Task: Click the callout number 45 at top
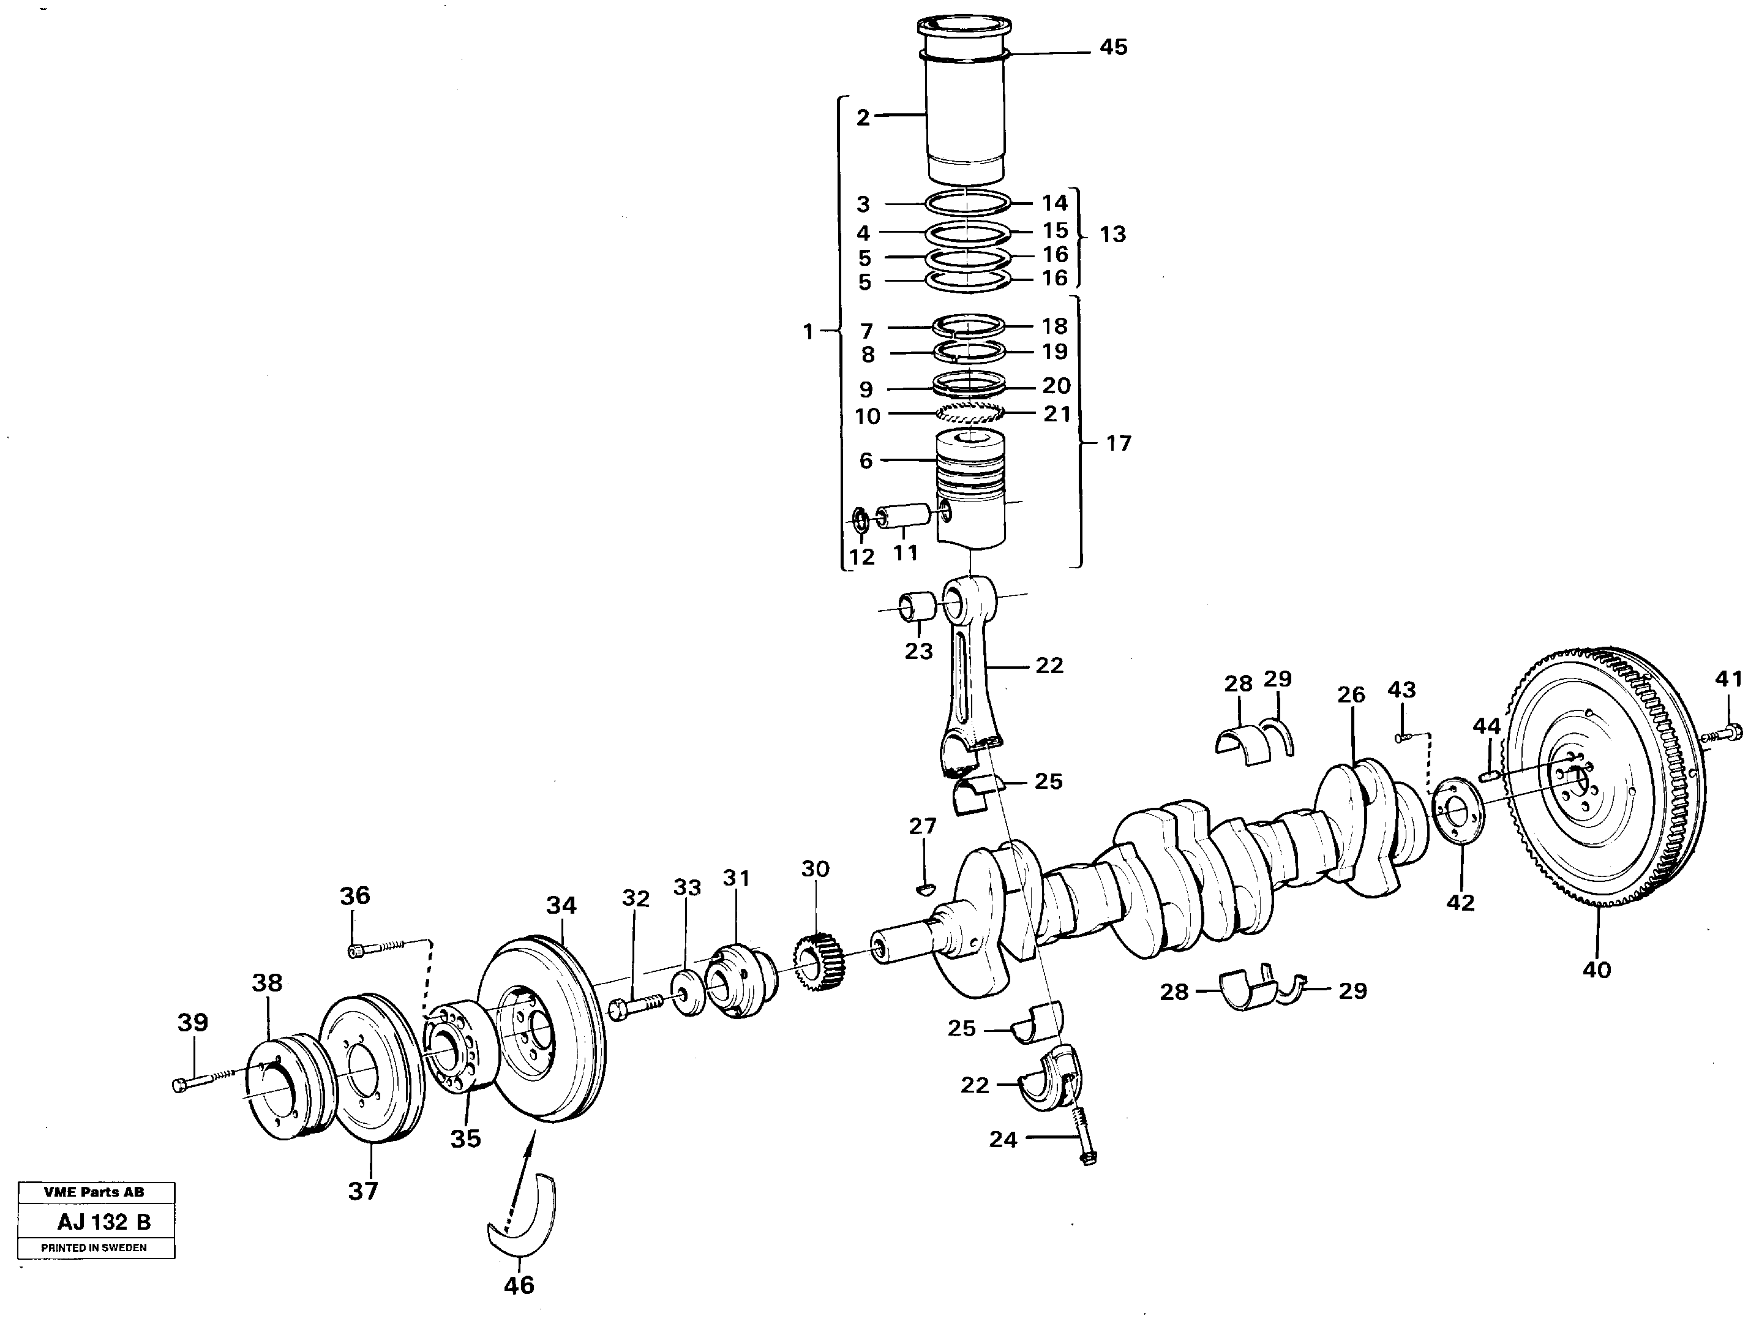click(x=1112, y=48)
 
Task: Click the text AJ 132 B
click(x=103, y=1222)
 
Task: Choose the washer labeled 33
click(x=689, y=993)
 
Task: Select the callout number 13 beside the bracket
click(x=1112, y=235)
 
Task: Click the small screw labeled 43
click(x=1403, y=737)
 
